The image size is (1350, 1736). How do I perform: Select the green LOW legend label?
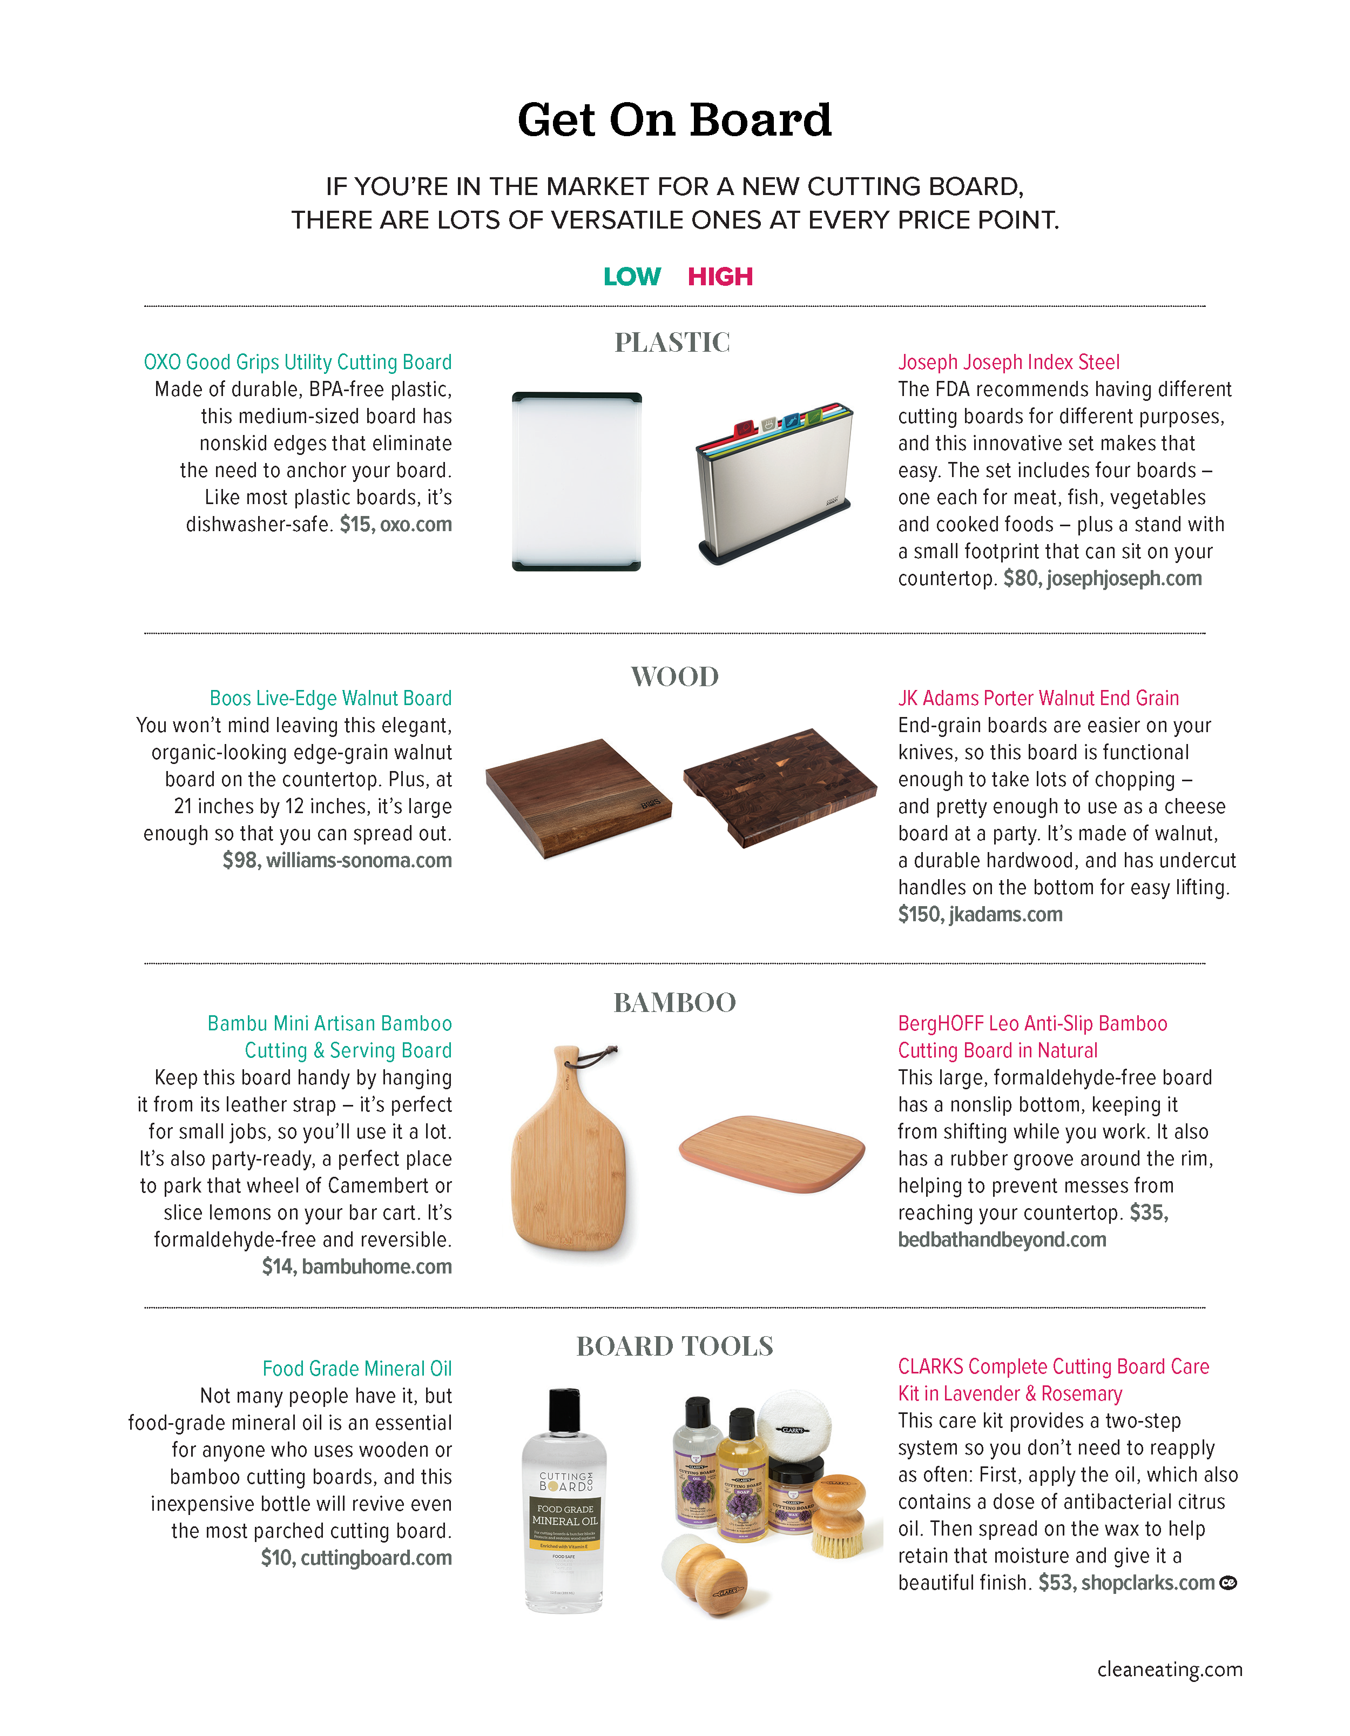pos(632,277)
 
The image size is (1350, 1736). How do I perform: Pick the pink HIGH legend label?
pos(720,277)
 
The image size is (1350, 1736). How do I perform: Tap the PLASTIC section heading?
pos(672,343)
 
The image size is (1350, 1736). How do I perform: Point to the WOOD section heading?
pos(674,677)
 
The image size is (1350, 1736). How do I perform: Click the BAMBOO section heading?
pos(674,1003)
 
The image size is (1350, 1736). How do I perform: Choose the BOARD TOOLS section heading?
pos(674,1346)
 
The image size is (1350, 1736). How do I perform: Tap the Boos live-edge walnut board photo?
pos(578,797)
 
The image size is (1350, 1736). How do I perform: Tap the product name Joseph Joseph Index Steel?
pos(1008,363)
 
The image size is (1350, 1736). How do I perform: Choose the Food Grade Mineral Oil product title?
pos(357,1369)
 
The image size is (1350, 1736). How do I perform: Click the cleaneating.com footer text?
pos(1170,1669)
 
